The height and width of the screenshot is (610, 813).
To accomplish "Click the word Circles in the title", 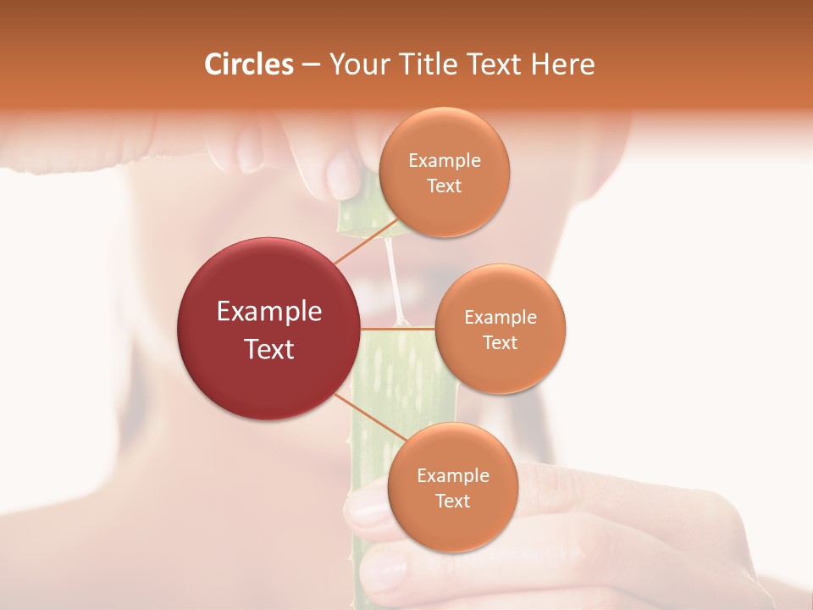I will tap(248, 64).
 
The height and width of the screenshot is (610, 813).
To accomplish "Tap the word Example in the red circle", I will tap(269, 312).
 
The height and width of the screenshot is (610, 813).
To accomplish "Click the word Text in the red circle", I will tap(269, 349).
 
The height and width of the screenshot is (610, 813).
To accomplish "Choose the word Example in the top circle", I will tap(445, 161).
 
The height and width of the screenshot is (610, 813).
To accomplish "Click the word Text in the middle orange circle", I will tap(500, 343).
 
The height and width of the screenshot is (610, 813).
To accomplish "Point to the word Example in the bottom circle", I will tap(452, 476).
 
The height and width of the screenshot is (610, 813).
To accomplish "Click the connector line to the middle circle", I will tap(398, 329).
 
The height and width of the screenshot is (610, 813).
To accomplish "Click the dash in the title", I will tap(311, 64).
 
